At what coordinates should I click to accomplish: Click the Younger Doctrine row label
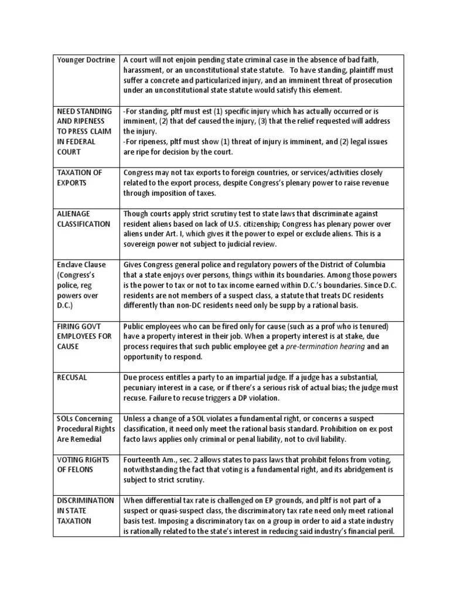86,60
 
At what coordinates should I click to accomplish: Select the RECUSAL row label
72,377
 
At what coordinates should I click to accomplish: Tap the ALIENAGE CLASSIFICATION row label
83,219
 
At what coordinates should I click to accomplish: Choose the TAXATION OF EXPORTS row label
80,178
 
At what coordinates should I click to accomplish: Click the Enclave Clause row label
81,265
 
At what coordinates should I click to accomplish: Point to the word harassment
144,70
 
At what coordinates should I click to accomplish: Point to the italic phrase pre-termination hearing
325,346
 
